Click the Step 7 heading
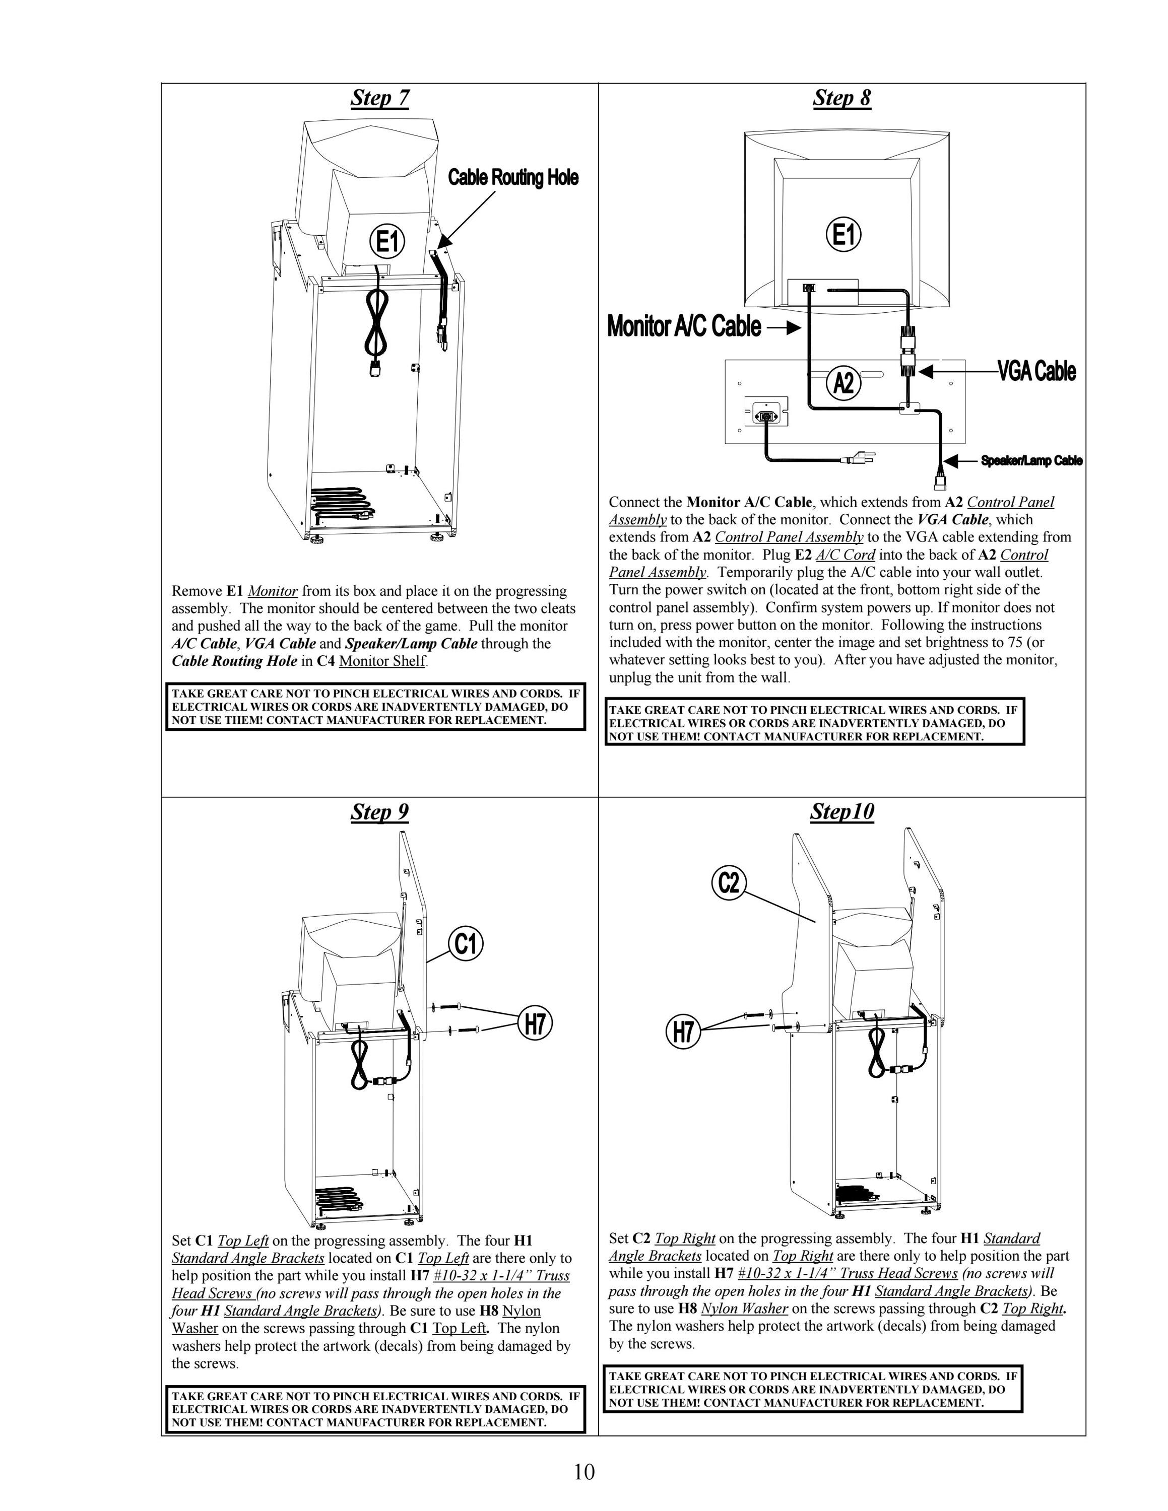coord(380,98)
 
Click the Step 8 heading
coord(841,98)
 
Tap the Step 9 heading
coord(380,811)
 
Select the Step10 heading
coord(842,811)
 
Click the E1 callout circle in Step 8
coord(843,235)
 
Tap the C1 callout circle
coord(466,944)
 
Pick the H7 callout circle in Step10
coord(683,1032)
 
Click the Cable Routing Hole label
coord(513,178)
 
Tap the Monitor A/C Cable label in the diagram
coord(684,326)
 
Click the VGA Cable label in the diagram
coord(1036,372)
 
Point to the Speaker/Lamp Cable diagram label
coord(1031,461)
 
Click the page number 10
coord(584,1472)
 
